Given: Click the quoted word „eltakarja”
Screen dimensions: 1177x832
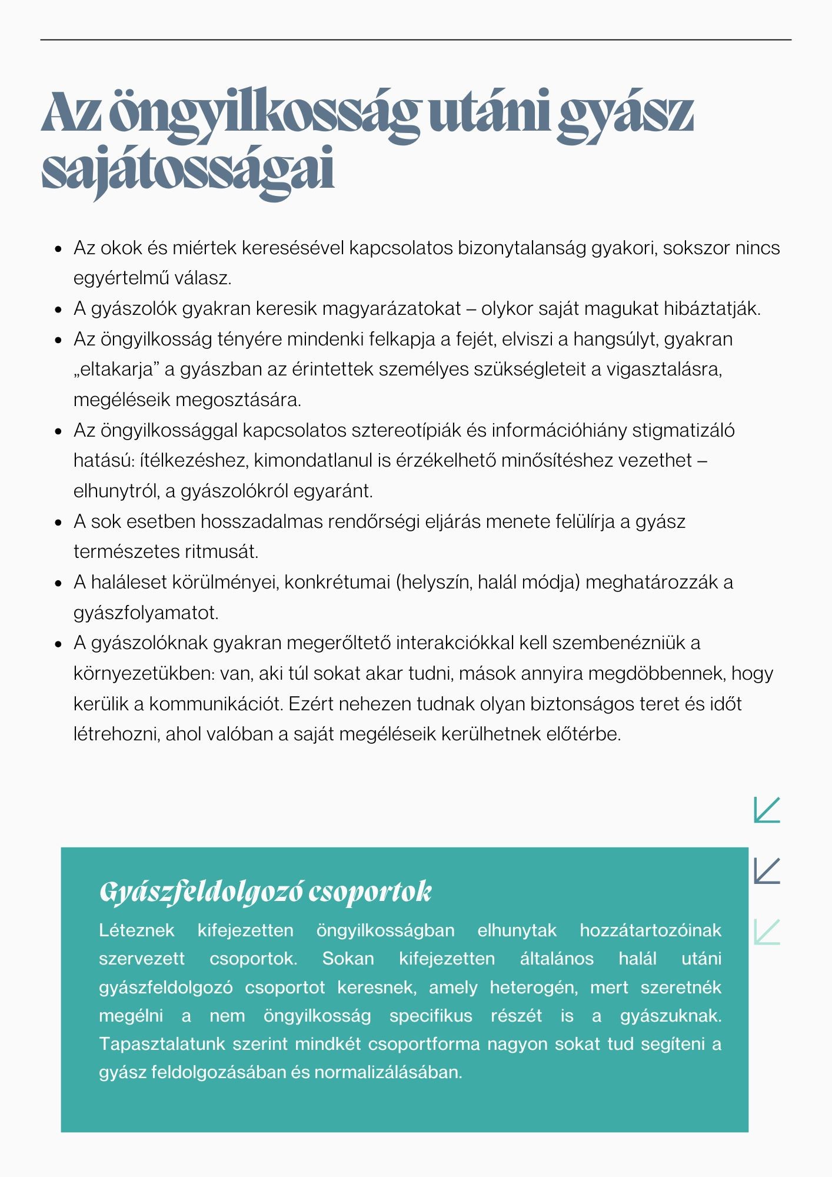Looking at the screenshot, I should click(117, 370).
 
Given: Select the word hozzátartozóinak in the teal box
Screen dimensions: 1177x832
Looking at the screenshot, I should click(650, 930).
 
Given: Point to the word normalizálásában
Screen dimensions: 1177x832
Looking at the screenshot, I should click(388, 1072).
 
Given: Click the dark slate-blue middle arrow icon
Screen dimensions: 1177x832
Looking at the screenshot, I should click(767, 871).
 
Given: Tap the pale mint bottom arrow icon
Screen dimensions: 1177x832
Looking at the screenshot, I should click(767, 932).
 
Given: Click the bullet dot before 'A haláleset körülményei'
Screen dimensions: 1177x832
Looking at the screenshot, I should click(58, 583).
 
